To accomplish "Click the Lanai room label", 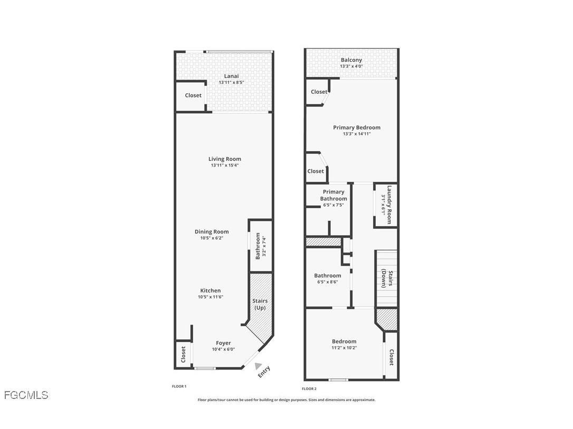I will coord(231,76).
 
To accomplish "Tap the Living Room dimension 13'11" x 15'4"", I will coord(225,165).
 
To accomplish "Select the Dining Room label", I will coord(212,231).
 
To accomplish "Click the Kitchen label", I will coord(211,290).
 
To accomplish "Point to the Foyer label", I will coord(223,343).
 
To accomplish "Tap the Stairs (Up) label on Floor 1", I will coord(260,304).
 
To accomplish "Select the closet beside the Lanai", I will coord(193,95).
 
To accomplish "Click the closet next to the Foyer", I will coord(183,354).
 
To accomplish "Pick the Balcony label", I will coord(351,60).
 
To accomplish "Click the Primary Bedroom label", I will coord(357,128).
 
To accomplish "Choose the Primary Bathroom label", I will coord(333,195).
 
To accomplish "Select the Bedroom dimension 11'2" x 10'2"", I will coord(344,347).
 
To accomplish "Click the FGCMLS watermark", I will coord(26,395).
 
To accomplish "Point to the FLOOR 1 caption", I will coord(179,386).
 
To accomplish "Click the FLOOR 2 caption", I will coord(309,388).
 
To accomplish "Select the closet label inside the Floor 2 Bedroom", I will coord(391,357).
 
